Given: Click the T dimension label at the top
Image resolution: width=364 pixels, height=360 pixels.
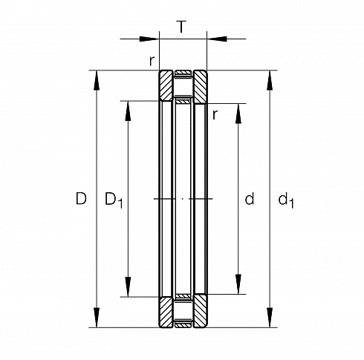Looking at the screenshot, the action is (181, 27).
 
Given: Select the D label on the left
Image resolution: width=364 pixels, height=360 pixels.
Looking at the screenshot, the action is (81, 198).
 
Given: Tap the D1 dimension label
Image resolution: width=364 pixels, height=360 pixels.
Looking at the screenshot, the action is (114, 200).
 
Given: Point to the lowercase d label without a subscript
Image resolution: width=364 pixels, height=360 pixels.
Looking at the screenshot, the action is (250, 198).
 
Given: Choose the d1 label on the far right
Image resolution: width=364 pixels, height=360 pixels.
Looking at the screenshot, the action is (286, 200).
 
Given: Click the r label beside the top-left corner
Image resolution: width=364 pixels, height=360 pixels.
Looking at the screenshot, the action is (152, 60).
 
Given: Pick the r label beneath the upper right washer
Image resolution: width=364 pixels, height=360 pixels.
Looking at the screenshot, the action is (215, 114).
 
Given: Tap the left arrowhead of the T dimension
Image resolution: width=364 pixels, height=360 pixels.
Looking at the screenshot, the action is (149, 39).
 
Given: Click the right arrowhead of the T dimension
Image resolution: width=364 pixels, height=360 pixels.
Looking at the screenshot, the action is (217, 39).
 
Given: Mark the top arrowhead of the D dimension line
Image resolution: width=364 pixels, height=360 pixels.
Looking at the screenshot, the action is (97, 80).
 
